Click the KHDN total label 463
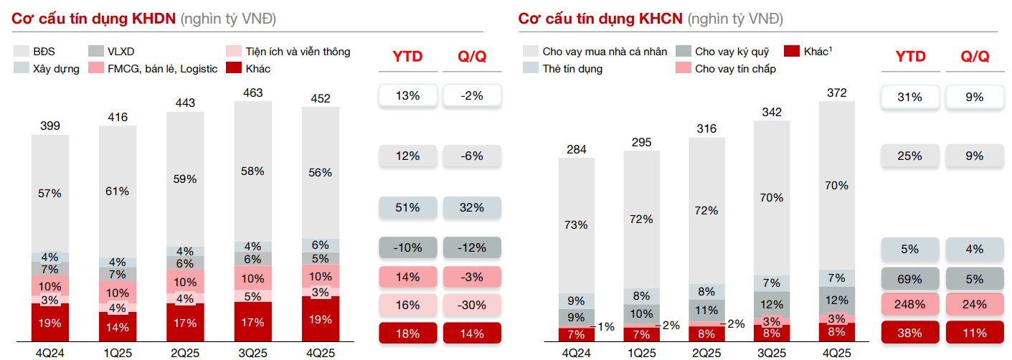(253, 93)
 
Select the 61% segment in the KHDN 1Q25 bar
(118, 191)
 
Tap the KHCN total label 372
(836, 93)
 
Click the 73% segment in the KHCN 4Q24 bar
(577, 224)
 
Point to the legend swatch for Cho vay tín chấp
(683, 69)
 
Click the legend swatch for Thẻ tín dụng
(531, 69)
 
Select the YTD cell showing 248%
(909, 304)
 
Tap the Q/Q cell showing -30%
(472, 305)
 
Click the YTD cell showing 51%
(407, 208)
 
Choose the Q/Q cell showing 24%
(975, 304)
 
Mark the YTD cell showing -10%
(407, 247)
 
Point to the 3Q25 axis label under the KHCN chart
(772, 353)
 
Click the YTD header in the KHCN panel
(910, 57)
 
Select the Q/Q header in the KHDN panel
(472, 57)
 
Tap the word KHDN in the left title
(154, 19)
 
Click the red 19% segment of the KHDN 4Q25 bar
(321, 320)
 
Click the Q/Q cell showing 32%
(472, 208)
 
